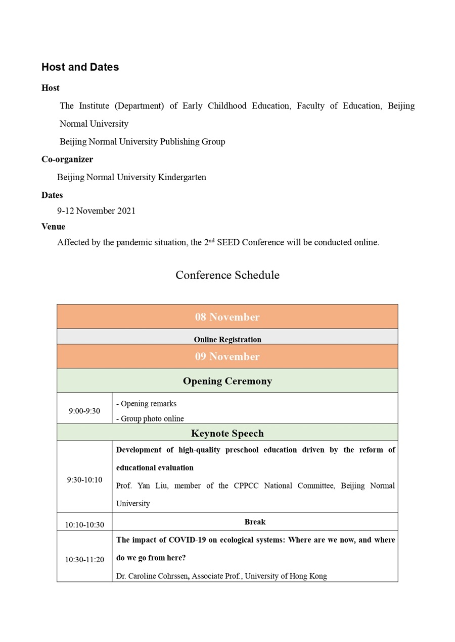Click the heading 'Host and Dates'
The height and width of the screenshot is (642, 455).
(80, 67)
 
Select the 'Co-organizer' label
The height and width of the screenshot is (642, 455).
(67, 159)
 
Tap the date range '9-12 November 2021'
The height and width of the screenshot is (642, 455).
(96, 211)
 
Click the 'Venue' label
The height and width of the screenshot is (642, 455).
(53, 227)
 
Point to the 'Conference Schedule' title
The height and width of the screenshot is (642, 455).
(227, 275)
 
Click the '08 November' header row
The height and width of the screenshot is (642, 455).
(227, 317)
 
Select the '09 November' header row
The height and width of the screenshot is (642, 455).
(227, 356)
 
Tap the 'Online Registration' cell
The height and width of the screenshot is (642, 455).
(227, 340)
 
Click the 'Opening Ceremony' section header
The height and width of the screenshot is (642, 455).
(227, 381)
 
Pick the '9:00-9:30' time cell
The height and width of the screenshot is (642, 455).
(84, 411)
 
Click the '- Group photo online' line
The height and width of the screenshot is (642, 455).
(150, 418)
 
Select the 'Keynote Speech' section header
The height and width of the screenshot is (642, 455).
(227, 433)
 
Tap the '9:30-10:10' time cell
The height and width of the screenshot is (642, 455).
(84, 479)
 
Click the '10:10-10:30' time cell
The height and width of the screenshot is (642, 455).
(84, 525)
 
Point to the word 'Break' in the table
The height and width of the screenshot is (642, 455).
(255, 522)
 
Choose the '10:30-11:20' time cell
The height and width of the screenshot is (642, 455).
(84, 559)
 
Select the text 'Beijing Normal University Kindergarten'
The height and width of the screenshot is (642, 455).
(131, 177)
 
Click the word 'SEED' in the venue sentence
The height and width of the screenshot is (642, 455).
(228, 242)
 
